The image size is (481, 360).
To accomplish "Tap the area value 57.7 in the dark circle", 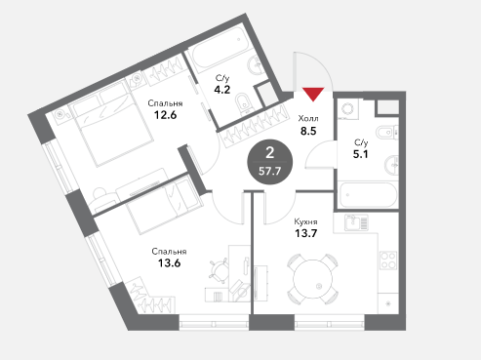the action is [269, 171].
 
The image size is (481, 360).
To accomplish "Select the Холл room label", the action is [308, 118].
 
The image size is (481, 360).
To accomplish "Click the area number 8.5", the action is [308, 131].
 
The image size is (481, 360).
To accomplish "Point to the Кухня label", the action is [305, 222].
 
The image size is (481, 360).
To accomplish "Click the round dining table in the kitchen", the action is [312, 279].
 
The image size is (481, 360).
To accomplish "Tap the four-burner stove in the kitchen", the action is [388, 260].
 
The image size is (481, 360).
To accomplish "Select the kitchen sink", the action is [356, 222].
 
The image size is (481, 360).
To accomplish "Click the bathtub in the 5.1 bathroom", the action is [368, 195].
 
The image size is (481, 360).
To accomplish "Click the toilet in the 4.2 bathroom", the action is [242, 103].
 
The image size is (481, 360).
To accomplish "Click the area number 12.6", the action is [165, 115].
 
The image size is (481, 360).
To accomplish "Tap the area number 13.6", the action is [169, 262].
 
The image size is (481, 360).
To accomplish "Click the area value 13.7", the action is [305, 233].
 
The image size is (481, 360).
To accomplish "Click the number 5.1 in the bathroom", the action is [361, 154].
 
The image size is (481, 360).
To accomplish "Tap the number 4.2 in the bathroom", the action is [222, 90].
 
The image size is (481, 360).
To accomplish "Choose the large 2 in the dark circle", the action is [270, 152].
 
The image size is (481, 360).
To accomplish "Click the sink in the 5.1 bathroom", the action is [391, 165].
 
